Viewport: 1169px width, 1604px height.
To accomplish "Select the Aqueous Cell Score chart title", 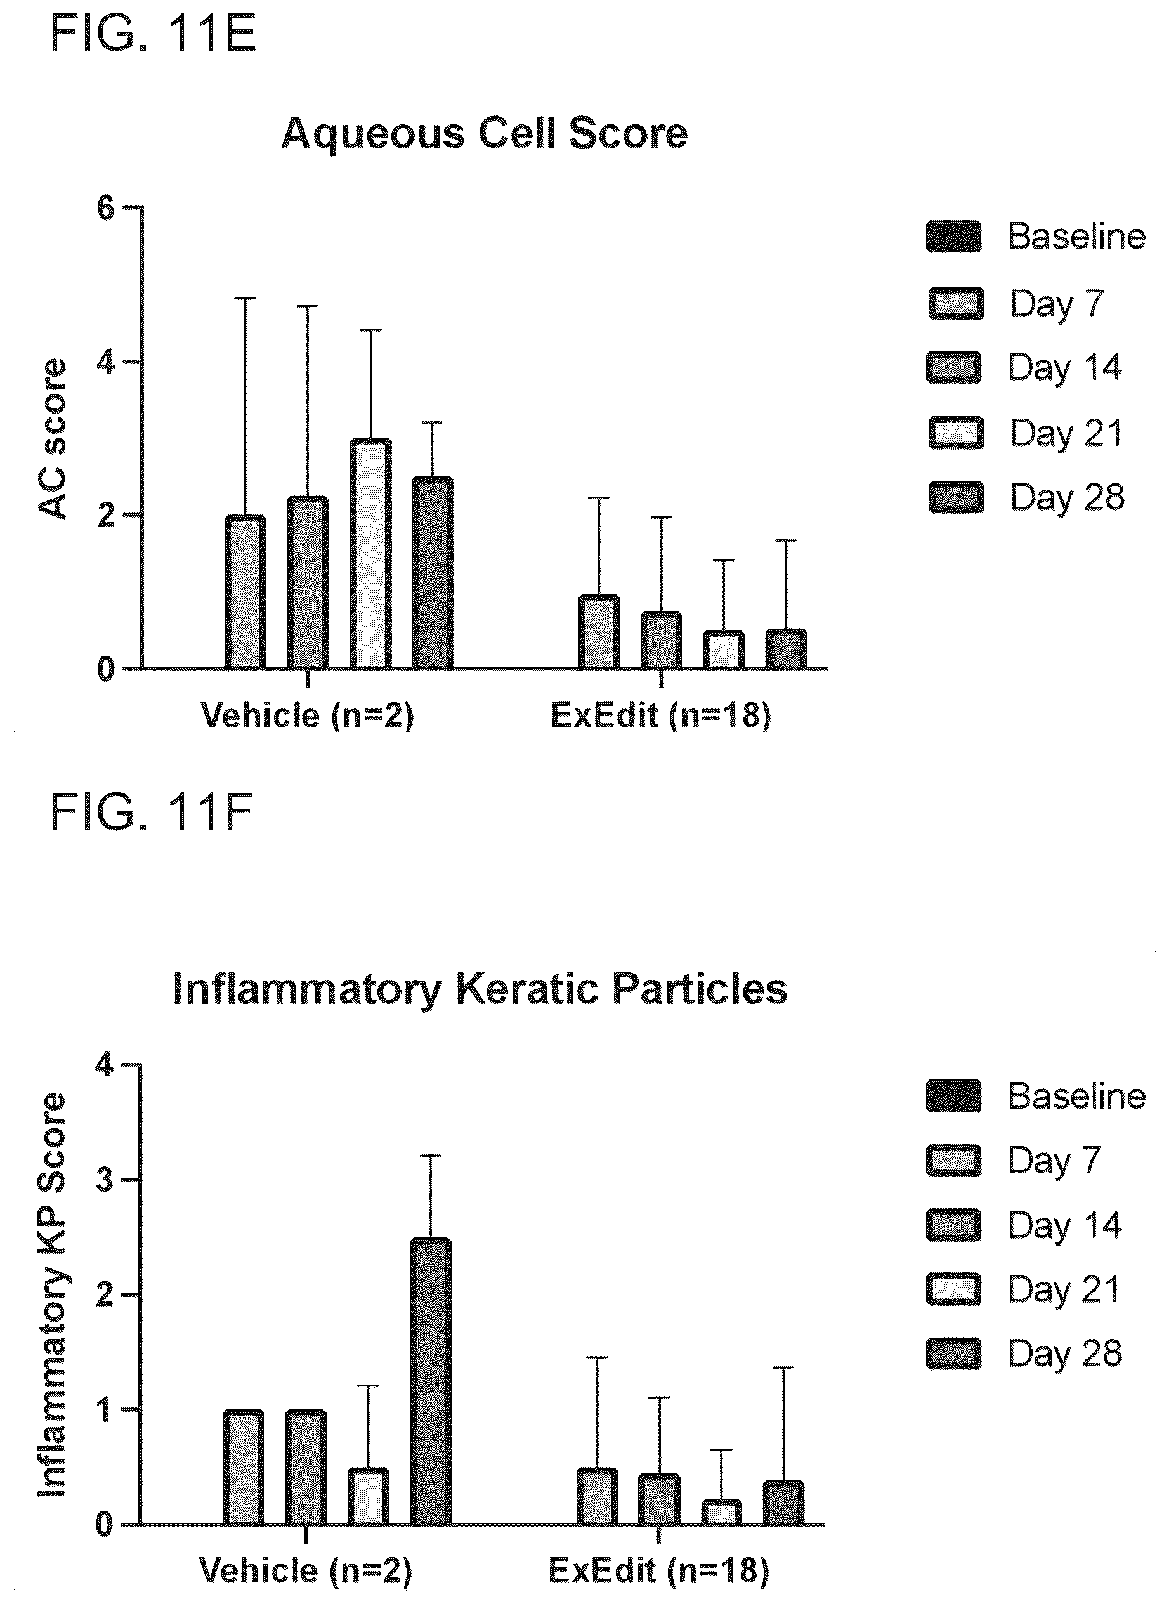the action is (485, 133).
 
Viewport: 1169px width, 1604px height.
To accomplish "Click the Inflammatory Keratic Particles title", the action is (480, 990).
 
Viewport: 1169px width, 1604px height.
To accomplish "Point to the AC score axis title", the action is (53, 440).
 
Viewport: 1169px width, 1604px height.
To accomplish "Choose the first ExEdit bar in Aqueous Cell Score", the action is (599, 632).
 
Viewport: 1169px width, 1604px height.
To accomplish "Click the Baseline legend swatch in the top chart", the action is (954, 237).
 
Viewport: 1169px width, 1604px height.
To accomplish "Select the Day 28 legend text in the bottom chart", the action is (1065, 1354).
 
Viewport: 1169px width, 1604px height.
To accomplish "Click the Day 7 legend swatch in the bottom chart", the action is (954, 1161).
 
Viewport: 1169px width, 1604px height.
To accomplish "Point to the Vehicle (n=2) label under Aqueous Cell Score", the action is (307, 716).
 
